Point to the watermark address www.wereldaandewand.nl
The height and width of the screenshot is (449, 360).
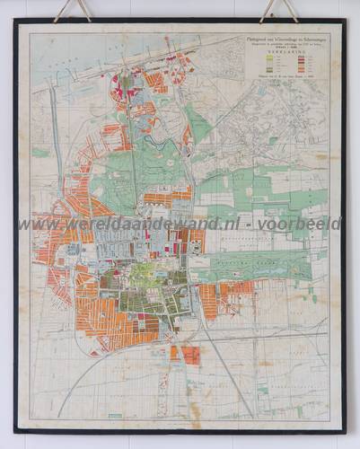click(x=126, y=224)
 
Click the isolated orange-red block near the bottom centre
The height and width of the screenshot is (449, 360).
click(x=186, y=354)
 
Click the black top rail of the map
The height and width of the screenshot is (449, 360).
click(x=180, y=22)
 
